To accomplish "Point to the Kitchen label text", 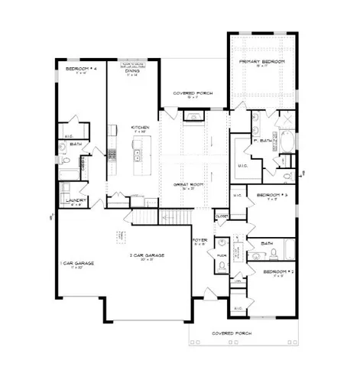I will (x=139, y=128).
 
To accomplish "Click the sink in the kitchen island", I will (x=138, y=156).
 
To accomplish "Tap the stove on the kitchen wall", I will (x=112, y=154).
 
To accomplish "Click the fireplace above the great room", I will (x=194, y=117).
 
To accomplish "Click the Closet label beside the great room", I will (x=222, y=217).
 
